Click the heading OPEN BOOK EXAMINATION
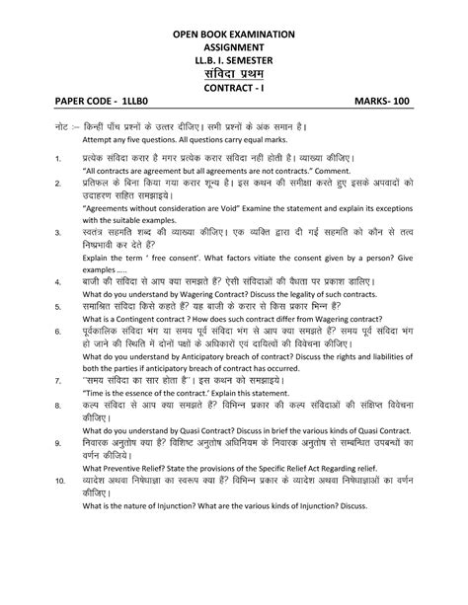234,34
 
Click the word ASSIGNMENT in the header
234,47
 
